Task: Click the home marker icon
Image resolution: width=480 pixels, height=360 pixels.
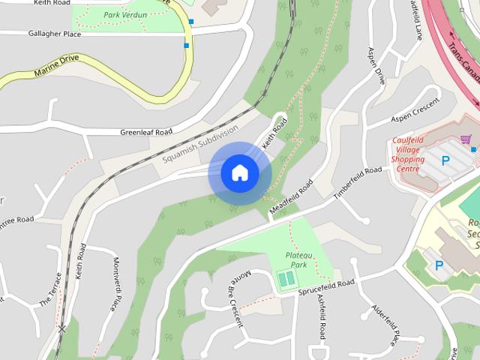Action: [x=239, y=172]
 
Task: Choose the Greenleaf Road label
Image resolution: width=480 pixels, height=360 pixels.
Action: [x=145, y=132]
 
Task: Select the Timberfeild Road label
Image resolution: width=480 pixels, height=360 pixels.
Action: [x=358, y=182]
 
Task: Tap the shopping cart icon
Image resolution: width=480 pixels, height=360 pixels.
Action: [x=466, y=139]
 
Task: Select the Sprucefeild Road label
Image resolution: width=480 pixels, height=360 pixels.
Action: [x=325, y=286]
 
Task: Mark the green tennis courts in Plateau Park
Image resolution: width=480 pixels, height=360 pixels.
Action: [x=286, y=280]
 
